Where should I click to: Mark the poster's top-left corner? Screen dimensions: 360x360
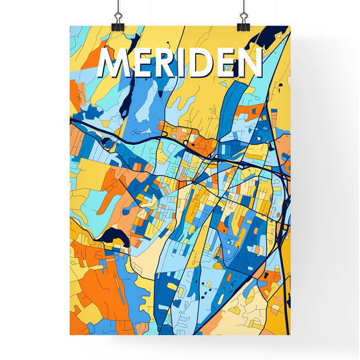click(x=70, y=26)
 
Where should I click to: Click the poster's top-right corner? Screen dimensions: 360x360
click(x=289, y=26)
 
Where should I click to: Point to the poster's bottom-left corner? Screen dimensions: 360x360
click(x=70, y=335)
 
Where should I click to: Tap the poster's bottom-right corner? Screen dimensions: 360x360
click(x=289, y=335)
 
